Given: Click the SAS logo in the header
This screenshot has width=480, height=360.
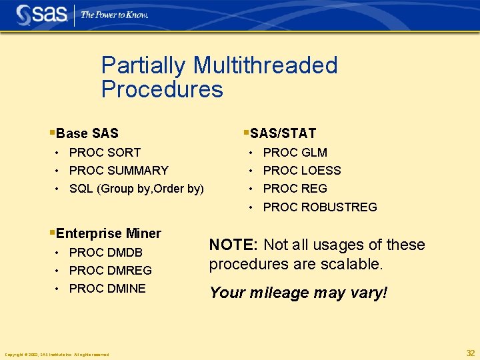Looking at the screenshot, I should [x=41, y=14].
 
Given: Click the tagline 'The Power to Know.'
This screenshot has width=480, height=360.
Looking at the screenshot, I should [x=114, y=15].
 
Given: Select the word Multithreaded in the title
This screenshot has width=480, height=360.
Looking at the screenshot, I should [x=265, y=65].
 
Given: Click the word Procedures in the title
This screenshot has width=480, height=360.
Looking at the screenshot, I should [x=162, y=89].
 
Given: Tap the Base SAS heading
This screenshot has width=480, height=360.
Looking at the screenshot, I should [x=87, y=133].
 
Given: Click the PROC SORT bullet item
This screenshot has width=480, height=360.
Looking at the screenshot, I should [x=105, y=153].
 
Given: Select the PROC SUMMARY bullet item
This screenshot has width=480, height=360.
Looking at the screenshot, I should [x=119, y=171].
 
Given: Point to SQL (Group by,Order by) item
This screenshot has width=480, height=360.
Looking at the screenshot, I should [x=137, y=189].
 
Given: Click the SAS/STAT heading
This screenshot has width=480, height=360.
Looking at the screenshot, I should [x=283, y=133].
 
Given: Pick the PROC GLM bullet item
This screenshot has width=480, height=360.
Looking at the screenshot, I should [x=295, y=153].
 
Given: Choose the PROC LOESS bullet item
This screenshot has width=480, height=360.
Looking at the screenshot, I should [x=302, y=171].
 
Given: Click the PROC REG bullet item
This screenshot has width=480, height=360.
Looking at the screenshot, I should [x=295, y=189].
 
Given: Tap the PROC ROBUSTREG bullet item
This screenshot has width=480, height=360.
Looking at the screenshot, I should [x=320, y=207].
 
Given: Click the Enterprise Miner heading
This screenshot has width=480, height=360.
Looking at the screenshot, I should [x=108, y=233].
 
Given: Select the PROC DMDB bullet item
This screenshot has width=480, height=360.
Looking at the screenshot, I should [x=105, y=253].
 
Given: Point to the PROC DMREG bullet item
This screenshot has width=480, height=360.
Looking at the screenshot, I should [x=110, y=271].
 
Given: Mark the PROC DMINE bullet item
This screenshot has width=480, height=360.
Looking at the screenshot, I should [x=107, y=289].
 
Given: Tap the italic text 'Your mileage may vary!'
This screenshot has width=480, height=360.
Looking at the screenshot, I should [x=298, y=293].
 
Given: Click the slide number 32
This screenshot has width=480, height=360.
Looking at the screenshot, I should [x=471, y=353].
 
